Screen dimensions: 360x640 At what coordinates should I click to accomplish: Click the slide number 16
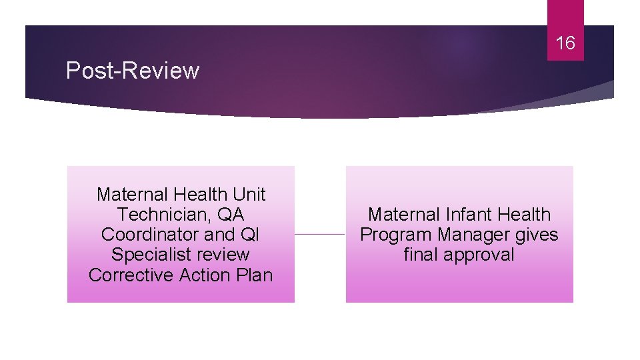pyautogui.click(x=565, y=43)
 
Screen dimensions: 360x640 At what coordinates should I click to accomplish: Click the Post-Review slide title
pyautogui.click(x=133, y=71)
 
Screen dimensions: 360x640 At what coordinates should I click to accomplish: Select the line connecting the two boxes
pyautogui.click(x=320, y=234)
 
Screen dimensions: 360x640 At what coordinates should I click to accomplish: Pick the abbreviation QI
pyautogui.click(x=251, y=235)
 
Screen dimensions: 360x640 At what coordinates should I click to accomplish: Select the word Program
pyautogui.click(x=397, y=235)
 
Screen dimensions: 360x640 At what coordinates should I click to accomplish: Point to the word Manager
pyautogui.click(x=475, y=235)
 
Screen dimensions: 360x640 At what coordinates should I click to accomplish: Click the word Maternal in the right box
pyautogui.click(x=403, y=215)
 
